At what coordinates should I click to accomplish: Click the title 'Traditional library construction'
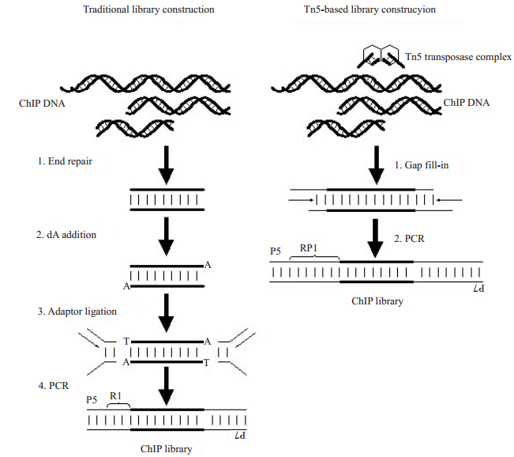[x=148, y=9]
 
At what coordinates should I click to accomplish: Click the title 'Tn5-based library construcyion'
[x=370, y=9]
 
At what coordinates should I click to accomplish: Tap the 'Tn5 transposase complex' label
[x=458, y=57]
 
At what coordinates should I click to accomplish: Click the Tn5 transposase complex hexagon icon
[x=381, y=56]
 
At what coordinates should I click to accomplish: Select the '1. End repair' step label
[x=65, y=161]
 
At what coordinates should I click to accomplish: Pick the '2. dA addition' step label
[x=66, y=235]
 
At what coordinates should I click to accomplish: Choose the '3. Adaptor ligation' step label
[x=77, y=312]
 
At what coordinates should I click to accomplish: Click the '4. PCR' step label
[x=54, y=385]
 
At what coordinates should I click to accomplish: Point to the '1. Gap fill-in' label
[x=422, y=164]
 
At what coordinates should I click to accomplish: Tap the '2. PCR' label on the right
[x=409, y=238]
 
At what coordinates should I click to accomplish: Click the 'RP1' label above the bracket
[x=309, y=248]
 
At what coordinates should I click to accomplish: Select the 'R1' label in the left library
[x=115, y=396]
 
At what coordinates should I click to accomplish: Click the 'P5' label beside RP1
[x=276, y=251]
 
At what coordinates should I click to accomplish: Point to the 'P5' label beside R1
[x=92, y=399]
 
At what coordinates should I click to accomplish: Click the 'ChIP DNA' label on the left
[x=42, y=104]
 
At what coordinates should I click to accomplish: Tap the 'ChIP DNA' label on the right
[x=466, y=103]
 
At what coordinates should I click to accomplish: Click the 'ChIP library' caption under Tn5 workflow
[x=377, y=301]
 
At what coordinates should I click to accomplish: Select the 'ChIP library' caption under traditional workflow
[x=166, y=449]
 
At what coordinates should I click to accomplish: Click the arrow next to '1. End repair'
[x=166, y=165]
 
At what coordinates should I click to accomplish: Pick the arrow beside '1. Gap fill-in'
[x=377, y=165]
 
